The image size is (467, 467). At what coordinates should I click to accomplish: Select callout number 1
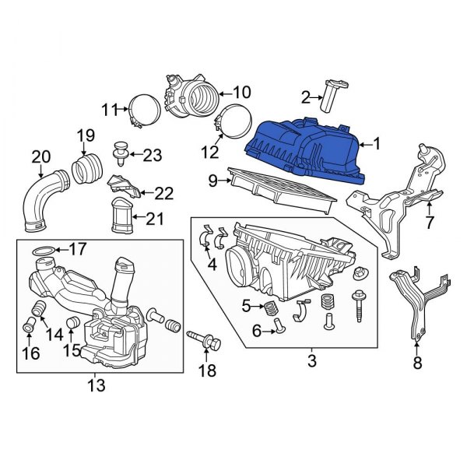[379, 143]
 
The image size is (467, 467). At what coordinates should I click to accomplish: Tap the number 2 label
[306, 97]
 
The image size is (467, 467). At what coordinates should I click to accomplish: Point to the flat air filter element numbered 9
[280, 189]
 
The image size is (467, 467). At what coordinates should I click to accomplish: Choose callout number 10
[237, 92]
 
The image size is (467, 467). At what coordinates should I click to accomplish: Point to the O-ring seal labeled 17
[45, 250]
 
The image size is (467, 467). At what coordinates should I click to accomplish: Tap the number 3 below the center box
[311, 361]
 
